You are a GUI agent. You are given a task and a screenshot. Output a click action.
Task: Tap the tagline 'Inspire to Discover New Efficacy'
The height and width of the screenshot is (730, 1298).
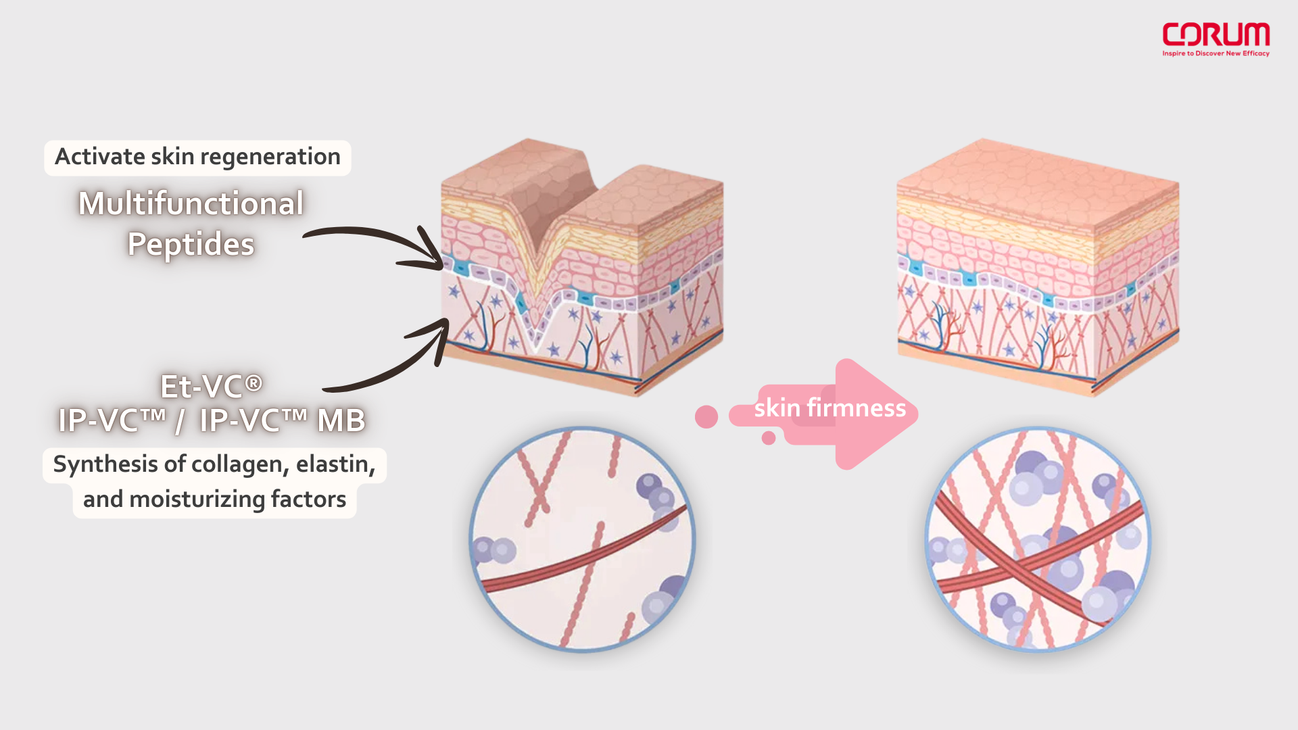[1216, 53]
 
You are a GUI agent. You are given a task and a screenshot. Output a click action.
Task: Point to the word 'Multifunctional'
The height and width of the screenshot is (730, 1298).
[191, 203]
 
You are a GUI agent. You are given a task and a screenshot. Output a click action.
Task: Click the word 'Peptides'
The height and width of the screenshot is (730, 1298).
[191, 244]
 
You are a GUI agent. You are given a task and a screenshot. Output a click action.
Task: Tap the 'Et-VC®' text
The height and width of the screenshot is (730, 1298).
[211, 387]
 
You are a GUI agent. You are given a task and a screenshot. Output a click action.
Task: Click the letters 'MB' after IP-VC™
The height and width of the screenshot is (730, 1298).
[341, 420]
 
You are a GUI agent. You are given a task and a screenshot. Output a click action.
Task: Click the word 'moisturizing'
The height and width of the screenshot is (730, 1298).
[197, 500]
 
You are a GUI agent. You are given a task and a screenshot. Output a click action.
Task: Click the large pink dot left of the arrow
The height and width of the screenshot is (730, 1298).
[706, 416]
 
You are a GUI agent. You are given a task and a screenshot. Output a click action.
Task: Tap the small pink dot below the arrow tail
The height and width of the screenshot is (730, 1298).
[768, 438]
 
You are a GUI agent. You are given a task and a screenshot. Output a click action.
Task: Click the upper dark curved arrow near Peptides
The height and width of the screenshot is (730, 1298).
[379, 242]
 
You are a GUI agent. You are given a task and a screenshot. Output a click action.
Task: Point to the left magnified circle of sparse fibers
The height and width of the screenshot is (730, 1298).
[582, 539]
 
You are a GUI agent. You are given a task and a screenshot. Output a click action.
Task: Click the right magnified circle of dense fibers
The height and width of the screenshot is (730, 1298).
[1037, 539]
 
